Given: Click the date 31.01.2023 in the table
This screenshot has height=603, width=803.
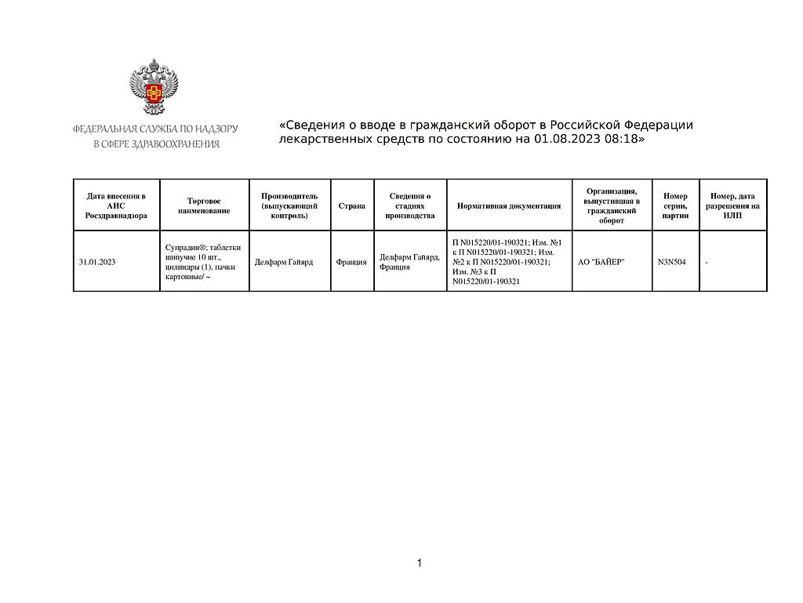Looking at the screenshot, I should pos(97,262).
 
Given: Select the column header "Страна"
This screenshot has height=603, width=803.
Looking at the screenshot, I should pos(352,205).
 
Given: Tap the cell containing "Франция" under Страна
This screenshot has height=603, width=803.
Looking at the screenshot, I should pos(351,262).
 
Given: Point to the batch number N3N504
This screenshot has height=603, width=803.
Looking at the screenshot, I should pos(672,262).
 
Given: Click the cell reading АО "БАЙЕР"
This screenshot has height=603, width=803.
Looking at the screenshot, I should pos(601,262).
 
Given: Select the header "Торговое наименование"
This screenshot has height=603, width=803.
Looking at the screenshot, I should pos(204,205).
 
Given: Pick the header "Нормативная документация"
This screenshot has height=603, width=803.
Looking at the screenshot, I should pos(509,205).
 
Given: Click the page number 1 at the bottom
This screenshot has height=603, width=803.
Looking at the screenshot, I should pos(420,563).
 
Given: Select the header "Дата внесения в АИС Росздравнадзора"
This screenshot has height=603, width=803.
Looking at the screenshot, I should pos(116,205).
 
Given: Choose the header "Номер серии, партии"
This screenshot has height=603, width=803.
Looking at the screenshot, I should pos(675,205).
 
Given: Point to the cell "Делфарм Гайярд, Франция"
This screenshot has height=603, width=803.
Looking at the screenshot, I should pos(409,262).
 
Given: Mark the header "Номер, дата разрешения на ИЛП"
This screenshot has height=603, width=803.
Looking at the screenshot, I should pos(732,205).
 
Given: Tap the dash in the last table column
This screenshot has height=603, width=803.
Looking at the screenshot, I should pos(707,262).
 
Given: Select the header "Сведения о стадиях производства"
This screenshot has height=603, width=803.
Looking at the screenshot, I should pos(410,205).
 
